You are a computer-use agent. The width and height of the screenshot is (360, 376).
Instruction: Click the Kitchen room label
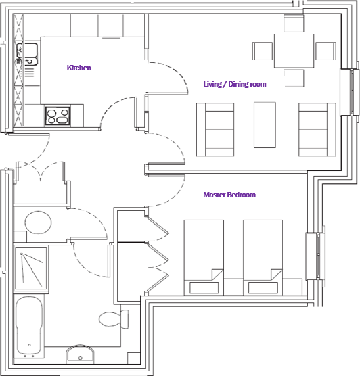[78, 68]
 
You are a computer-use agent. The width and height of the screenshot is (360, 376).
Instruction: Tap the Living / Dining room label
[235, 85]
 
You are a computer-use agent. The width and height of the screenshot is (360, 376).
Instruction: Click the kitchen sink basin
[30, 50]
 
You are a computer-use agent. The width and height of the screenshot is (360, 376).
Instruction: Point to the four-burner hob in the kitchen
[58, 116]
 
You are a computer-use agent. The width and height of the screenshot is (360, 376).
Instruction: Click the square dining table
[294, 51]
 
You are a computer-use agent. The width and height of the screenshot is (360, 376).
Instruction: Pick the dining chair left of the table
[263, 51]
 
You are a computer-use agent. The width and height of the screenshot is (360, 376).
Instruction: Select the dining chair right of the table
[325, 51]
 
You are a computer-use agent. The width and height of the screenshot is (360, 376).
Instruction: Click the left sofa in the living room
[215, 128]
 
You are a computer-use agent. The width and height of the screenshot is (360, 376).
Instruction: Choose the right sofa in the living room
[317, 128]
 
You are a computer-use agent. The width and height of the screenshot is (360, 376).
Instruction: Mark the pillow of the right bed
[263, 287]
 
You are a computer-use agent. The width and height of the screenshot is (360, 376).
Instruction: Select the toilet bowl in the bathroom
[108, 318]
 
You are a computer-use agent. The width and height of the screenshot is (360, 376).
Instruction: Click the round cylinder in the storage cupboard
[39, 222]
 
